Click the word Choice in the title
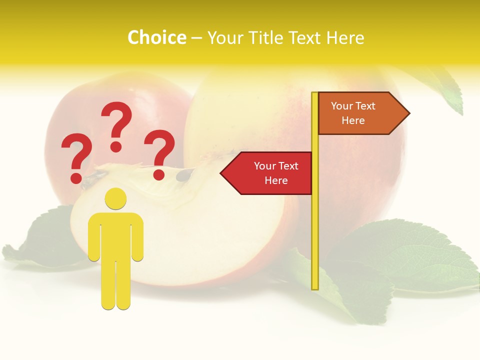point(156,38)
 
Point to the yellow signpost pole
point(315,225)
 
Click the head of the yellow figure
point(115,198)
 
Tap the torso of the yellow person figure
point(115,235)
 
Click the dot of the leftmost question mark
point(76,178)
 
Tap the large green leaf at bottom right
point(415,255)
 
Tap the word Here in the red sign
point(276,180)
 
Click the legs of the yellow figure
point(115,285)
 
